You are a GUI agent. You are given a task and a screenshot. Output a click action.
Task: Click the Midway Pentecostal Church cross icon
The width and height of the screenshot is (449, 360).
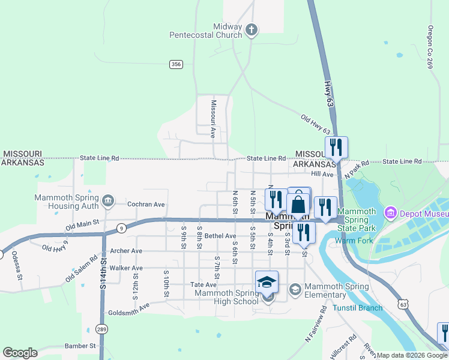(252, 28)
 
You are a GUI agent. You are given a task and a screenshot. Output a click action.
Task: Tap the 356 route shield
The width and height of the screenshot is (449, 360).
(176, 64)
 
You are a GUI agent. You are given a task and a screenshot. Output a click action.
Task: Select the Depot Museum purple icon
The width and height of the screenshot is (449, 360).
(391, 212)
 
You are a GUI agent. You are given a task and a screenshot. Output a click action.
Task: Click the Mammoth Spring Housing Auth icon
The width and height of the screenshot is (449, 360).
(108, 200)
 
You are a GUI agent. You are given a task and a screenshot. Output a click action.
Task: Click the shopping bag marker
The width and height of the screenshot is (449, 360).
(298, 205)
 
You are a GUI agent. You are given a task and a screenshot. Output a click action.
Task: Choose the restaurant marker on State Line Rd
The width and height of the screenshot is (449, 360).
(336, 147)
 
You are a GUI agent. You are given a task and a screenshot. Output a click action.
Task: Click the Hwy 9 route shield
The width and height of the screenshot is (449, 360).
(121, 227)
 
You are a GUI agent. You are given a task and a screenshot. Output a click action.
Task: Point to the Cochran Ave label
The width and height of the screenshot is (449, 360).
(146, 204)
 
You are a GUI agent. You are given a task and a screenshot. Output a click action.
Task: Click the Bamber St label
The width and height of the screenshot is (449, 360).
(80, 346)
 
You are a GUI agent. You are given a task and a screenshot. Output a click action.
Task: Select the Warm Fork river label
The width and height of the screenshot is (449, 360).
(354, 241)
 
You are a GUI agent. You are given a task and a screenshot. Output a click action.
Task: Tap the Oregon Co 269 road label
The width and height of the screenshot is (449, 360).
(430, 47)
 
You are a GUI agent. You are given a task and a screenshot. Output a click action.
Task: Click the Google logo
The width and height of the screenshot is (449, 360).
(20, 352)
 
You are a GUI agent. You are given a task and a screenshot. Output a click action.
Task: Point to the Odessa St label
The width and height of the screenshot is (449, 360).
(17, 266)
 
